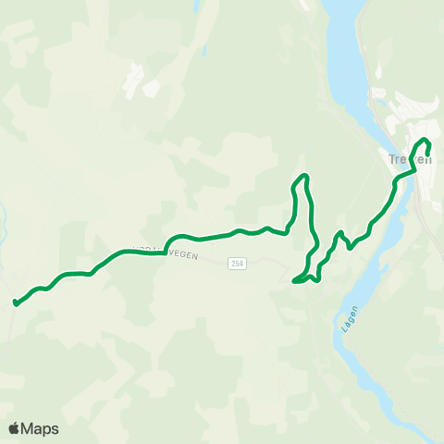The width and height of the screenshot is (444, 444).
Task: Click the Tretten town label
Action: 410,158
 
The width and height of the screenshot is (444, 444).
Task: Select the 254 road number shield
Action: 238,264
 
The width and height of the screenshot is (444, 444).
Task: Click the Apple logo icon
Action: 15,428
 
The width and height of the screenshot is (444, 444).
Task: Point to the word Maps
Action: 41,428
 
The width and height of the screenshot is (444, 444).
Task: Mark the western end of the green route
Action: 16,302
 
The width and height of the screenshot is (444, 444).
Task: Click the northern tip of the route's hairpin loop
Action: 302,176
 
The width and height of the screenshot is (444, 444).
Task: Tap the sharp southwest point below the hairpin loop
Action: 294,281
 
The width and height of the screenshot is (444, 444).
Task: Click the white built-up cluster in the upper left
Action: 139,79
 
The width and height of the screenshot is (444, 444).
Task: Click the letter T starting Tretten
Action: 392,158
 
